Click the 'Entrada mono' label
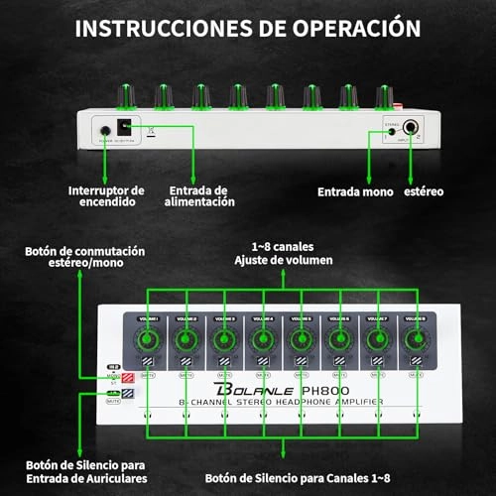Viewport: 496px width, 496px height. [x=354, y=190]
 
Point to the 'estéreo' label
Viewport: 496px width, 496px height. [x=425, y=190]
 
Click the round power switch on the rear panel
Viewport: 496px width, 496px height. [x=104, y=129]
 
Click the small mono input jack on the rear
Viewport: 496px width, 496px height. [x=394, y=127]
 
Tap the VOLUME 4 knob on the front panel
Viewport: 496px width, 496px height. [x=261, y=340]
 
